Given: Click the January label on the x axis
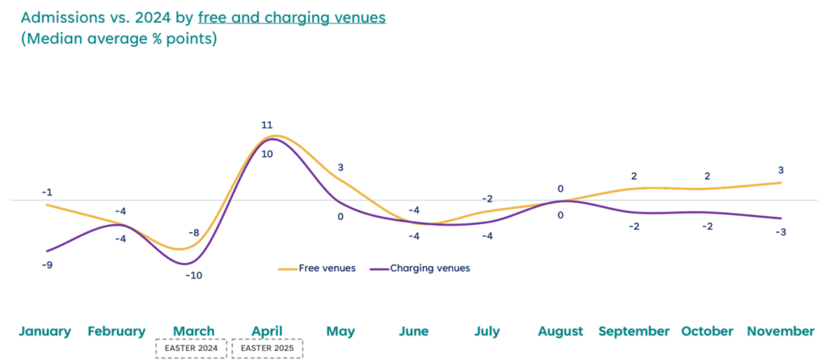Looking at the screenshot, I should [x=44, y=332].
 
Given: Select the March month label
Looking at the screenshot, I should [x=193, y=332].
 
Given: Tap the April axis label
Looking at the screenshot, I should [x=267, y=332].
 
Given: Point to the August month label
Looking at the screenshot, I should [x=560, y=332].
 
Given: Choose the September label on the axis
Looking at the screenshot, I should [x=634, y=332].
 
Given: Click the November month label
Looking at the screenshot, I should [x=780, y=332].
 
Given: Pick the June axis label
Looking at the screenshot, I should [x=414, y=332].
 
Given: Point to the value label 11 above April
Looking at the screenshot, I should [x=267, y=125].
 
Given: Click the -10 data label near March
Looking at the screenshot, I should [x=194, y=276].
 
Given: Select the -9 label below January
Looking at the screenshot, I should [x=48, y=265].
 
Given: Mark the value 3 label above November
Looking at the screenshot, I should [x=781, y=170].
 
